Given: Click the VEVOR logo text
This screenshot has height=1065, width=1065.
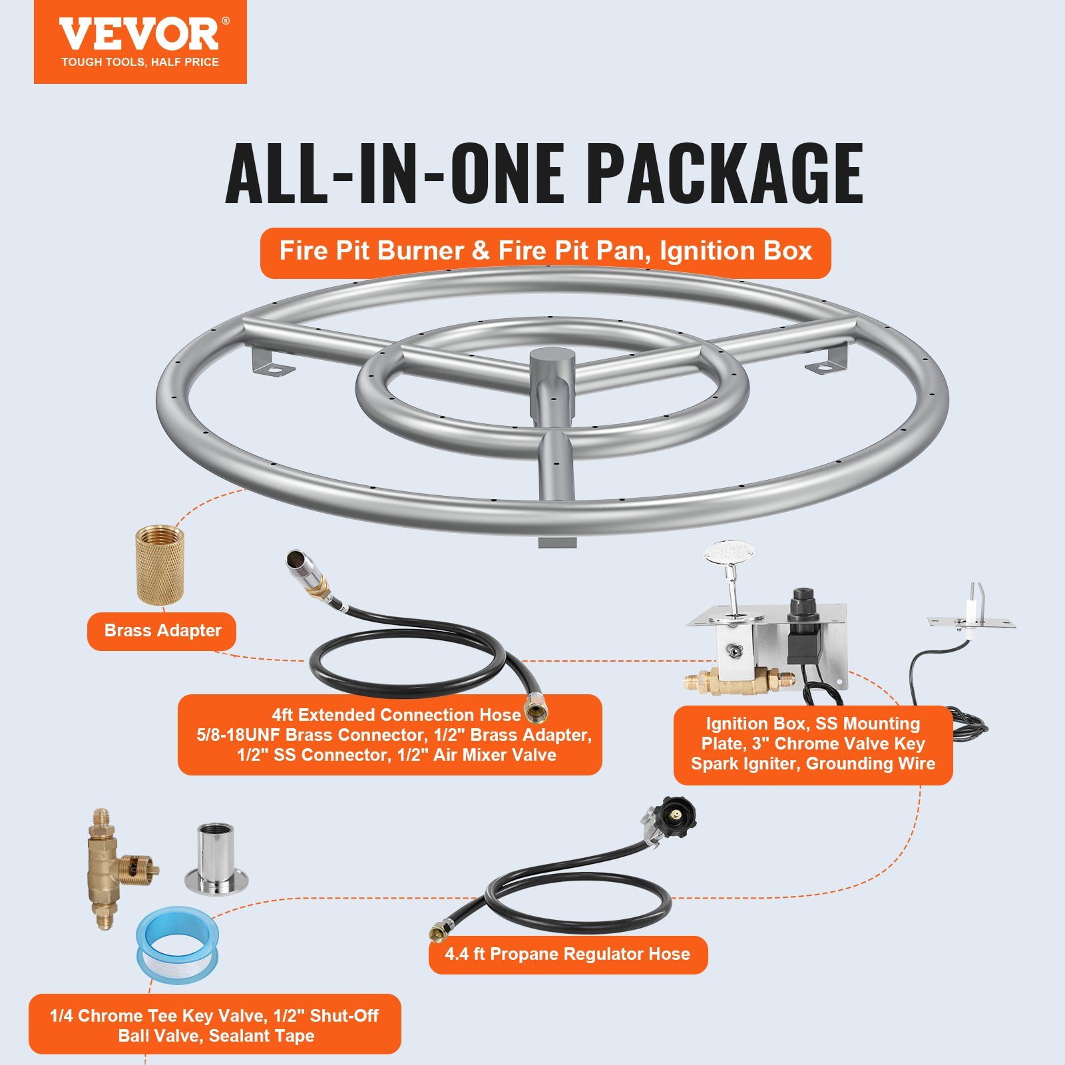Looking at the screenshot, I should pos(138,35).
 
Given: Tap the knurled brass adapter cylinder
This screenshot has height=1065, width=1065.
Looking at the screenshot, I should pos(160,564).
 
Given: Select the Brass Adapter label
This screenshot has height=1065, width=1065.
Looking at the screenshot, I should pos(162,631).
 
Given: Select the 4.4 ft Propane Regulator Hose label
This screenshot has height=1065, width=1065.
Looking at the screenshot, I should pos(567,954).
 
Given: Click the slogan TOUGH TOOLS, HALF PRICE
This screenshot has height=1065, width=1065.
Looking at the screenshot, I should pos(140,63).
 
